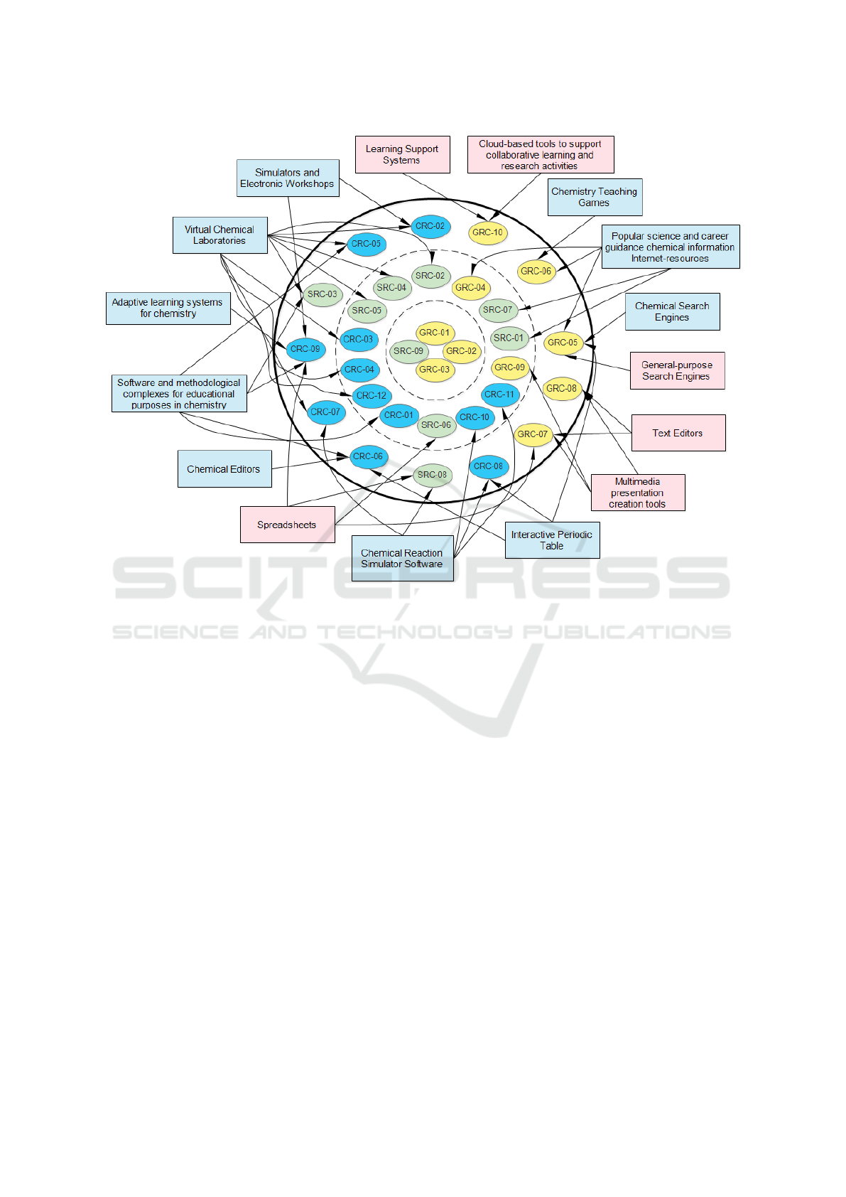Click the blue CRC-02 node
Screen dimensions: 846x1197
coord(430,227)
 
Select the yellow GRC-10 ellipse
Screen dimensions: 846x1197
coord(487,233)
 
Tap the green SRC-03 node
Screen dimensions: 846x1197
coord(322,294)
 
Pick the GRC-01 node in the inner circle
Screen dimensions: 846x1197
coord(435,333)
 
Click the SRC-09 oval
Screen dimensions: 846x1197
coord(408,352)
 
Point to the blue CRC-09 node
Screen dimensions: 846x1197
coord(305,350)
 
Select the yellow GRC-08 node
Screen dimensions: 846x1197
coord(562,389)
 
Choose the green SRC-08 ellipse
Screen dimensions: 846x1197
coord(432,475)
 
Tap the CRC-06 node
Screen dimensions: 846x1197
coord(368,457)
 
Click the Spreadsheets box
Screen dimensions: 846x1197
coord(288,525)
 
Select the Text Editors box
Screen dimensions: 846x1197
coord(678,433)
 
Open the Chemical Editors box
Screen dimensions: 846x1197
coord(224,468)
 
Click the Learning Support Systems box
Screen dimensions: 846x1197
coord(403,154)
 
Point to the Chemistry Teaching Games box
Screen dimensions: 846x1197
coord(595,197)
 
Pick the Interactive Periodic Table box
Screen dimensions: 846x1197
coord(552,540)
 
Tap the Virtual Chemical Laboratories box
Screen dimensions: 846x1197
coord(220,235)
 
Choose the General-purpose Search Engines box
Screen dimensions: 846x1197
coord(677,371)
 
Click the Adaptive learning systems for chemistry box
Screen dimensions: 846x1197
coord(168,308)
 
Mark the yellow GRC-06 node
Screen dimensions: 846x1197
coord(536,272)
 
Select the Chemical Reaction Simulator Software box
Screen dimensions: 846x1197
coord(403,559)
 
